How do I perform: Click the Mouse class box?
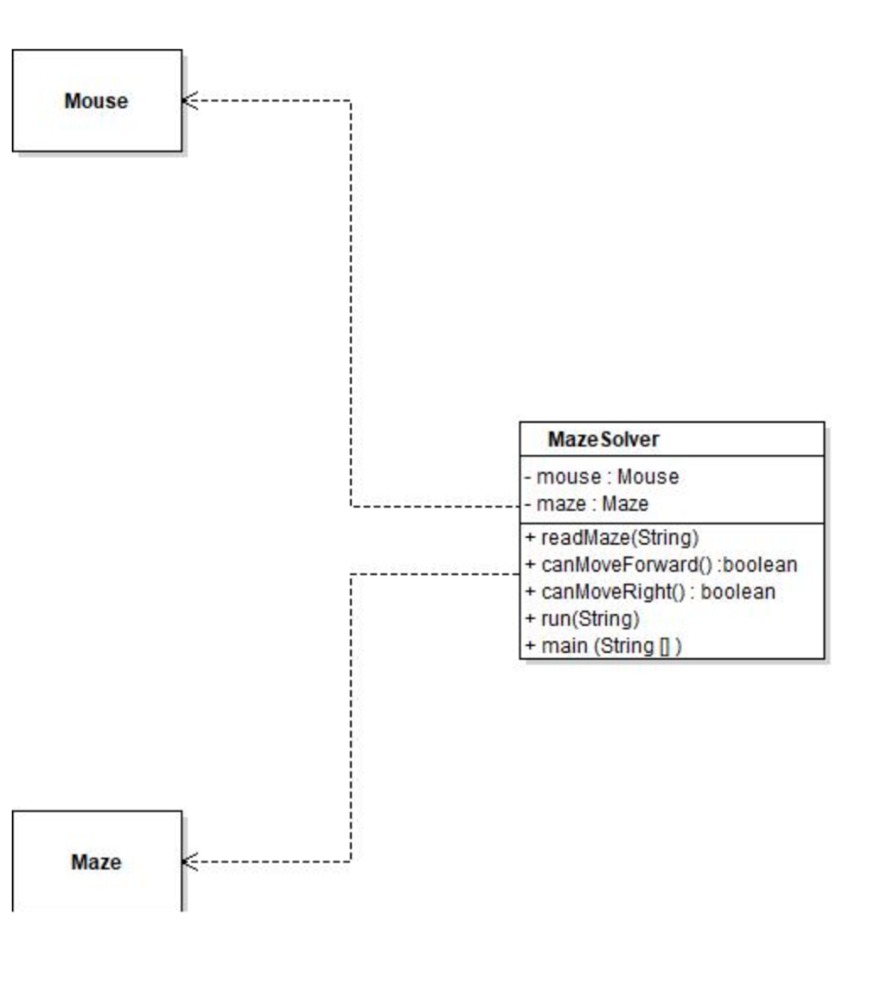tap(96, 127)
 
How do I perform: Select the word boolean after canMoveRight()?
tap(741, 592)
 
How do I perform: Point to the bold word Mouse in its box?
tap(96, 100)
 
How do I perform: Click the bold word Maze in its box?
tap(96, 862)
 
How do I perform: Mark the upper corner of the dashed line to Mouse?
tap(351, 100)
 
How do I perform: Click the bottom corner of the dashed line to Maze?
tap(351, 862)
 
